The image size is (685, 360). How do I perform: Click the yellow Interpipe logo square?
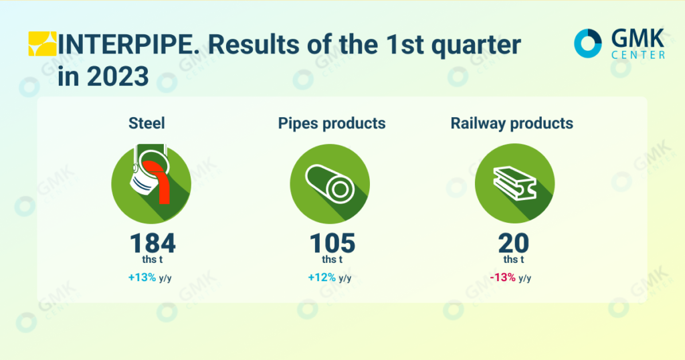tap(42, 43)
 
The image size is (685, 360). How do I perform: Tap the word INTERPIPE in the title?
tap(129, 45)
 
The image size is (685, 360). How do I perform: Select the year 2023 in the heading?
tap(118, 76)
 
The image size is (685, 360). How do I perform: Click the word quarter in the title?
tap(476, 46)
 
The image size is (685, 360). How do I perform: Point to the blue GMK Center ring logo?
tap(587, 43)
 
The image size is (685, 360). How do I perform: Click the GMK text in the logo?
tap(638, 39)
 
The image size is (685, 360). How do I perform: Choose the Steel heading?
tap(146, 123)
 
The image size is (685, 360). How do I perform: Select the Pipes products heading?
tap(332, 124)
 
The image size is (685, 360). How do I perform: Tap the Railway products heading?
tap(512, 124)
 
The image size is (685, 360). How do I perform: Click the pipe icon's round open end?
tap(340, 189)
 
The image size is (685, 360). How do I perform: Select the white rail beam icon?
tap(514, 183)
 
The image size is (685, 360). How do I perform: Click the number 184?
tap(153, 243)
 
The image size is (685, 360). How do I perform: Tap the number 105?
tap(332, 243)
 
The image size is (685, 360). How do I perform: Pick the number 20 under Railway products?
tap(514, 243)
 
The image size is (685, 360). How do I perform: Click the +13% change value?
tap(142, 278)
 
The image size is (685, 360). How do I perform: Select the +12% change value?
tap(322, 278)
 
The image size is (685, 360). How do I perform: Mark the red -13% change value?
tap(503, 278)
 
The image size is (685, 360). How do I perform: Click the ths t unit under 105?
tap(332, 260)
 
